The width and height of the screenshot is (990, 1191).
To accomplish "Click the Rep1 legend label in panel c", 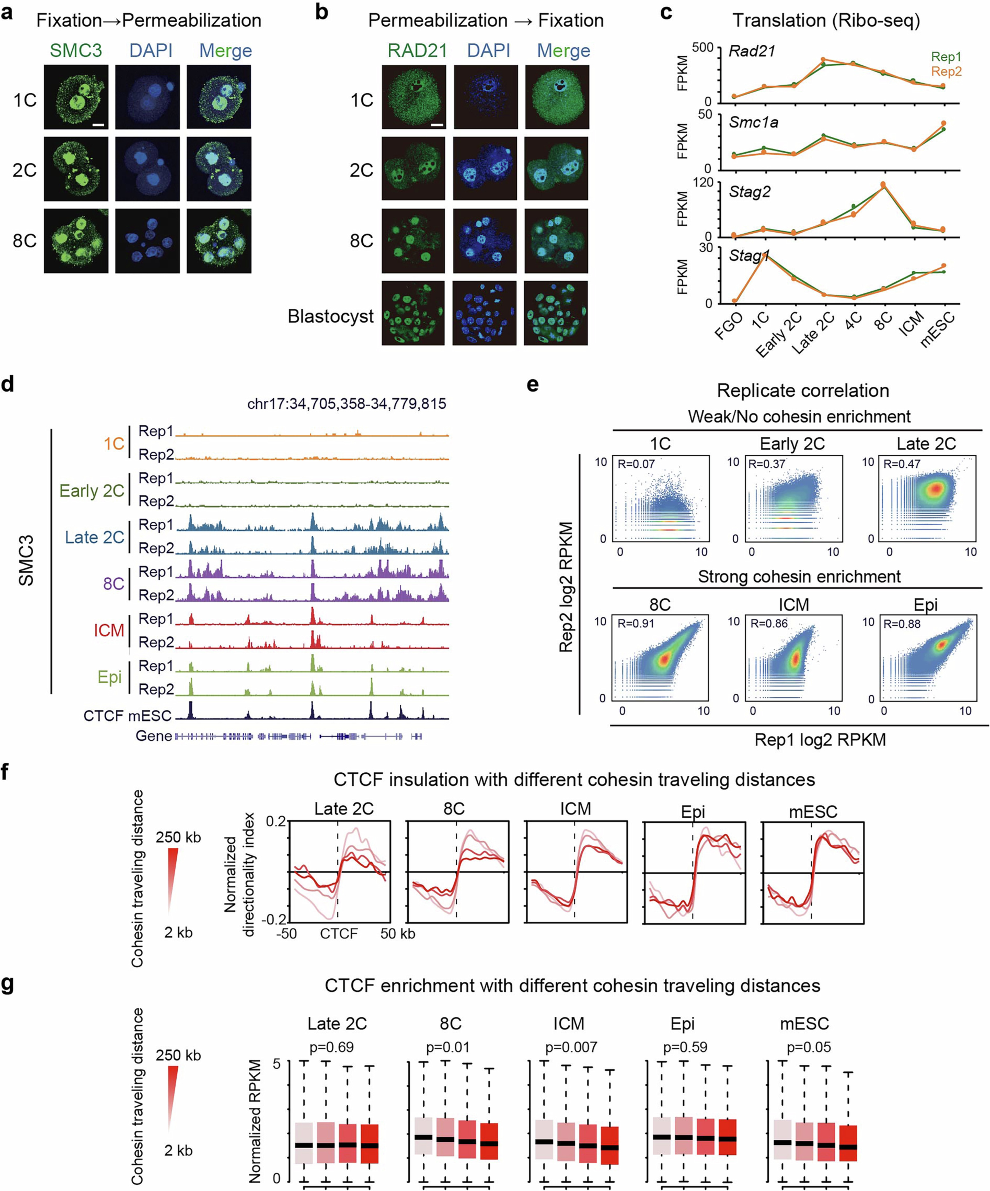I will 946,57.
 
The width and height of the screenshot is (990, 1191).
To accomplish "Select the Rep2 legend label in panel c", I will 946,71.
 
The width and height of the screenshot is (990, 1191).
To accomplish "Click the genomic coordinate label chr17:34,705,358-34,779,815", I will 347,404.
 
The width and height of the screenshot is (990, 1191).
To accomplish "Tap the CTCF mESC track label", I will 127,716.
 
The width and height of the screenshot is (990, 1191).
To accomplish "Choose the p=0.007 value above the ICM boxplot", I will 571,1047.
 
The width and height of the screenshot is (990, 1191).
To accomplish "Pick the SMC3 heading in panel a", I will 76,50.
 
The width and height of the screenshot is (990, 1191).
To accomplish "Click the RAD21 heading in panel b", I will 417,50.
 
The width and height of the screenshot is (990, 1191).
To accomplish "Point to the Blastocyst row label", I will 330,316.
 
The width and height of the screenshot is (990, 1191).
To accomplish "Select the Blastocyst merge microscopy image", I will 556,313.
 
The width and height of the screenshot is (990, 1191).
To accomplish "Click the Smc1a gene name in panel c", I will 753,122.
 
